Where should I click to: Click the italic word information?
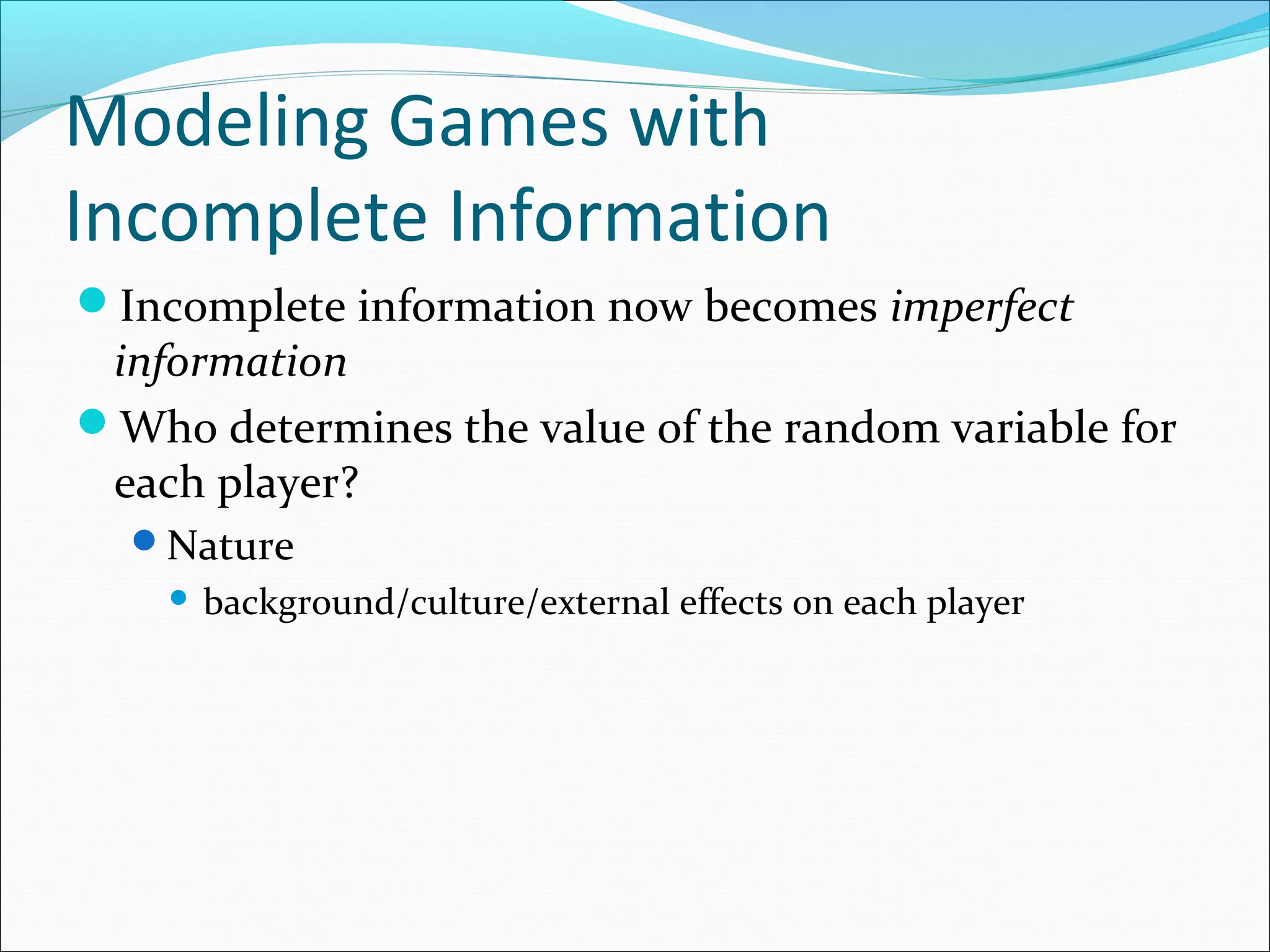pyautogui.click(x=231, y=362)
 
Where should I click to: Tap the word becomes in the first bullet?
pyautogui.click(x=791, y=307)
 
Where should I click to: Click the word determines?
pyautogui.click(x=340, y=428)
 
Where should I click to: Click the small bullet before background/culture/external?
pyautogui.click(x=179, y=598)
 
